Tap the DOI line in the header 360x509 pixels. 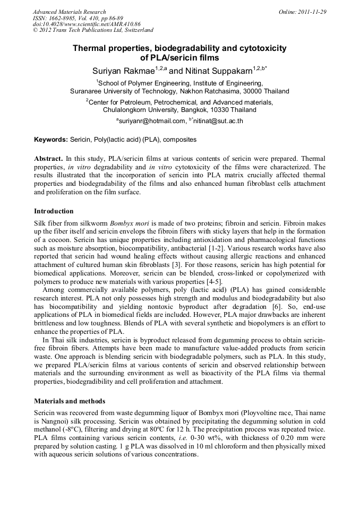click(87, 24)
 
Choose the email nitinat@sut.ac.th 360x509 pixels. click(218, 121)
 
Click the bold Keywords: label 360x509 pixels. click(51, 140)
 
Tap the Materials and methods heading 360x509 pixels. click(70, 401)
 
